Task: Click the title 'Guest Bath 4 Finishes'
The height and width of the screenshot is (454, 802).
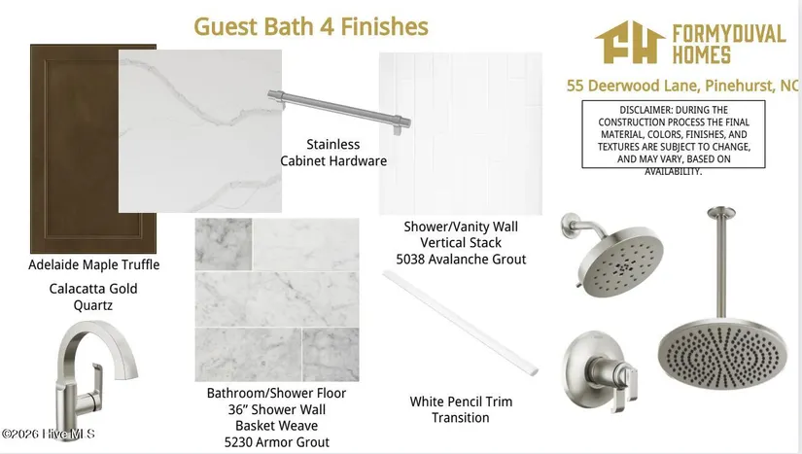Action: (x=311, y=26)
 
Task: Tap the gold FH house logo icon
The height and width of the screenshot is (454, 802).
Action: (x=630, y=43)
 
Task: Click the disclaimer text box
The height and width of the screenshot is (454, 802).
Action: (x=674, y=134)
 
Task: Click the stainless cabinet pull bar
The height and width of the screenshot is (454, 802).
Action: (x=339, y=111)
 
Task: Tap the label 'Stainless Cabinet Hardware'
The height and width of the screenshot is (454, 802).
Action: (x=333, y=153)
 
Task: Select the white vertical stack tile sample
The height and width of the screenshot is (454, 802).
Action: (x=461, y=133)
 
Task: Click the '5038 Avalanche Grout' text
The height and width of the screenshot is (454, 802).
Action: (x=461, y=260)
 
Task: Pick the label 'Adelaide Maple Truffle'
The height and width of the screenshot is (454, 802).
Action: (x=93, y=264)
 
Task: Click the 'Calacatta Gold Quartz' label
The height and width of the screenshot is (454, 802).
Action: (x=93, y=297)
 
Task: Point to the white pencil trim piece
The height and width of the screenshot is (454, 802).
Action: (x=461, y=323)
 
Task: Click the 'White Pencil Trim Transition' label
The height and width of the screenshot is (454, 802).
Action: (x=461, y=409)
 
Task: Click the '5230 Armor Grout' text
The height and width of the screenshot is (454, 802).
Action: (x=277, y=442)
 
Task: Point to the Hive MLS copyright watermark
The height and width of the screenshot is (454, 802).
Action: (x=48, y=434)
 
